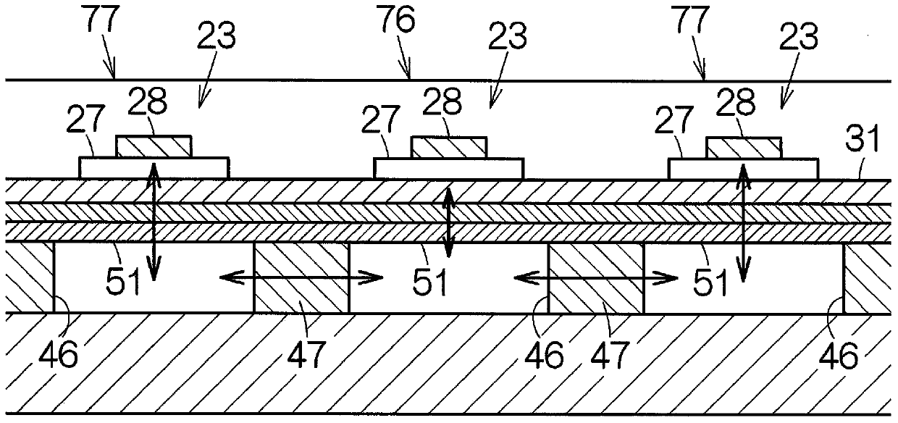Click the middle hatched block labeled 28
[449, 147]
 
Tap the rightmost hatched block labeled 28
[743, 147]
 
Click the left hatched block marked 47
[301, 278]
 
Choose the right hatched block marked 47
[596, 278]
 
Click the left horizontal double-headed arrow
[301, 276]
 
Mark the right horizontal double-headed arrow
[596, 276]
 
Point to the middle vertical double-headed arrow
[449, 222]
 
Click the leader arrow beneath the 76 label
[408, 67]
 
